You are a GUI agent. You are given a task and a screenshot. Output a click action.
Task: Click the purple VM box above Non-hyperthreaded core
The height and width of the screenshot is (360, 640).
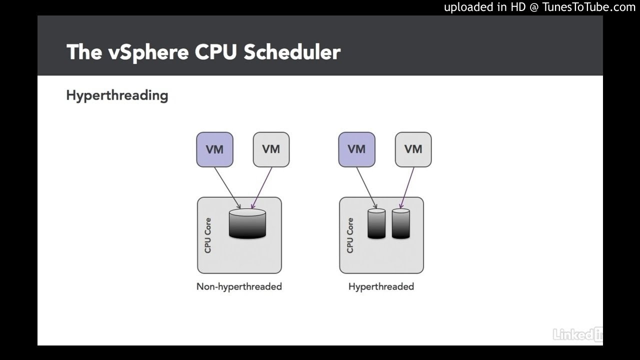coord(214,149)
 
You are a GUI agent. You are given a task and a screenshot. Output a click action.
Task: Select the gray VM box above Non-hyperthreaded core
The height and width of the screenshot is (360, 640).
coord(271,149)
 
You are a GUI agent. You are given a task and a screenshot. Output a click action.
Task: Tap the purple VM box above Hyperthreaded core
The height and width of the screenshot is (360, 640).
coord(356,149)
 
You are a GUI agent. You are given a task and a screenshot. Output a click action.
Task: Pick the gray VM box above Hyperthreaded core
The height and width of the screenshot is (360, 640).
coord(413,149)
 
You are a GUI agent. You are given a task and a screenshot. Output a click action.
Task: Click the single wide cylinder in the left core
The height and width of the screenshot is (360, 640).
coord(247,224)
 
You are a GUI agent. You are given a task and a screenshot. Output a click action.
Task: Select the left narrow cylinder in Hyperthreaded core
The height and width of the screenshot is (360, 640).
coord(376,224)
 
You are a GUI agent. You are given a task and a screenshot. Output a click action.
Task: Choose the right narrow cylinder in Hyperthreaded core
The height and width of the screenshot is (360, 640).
coord(400,224)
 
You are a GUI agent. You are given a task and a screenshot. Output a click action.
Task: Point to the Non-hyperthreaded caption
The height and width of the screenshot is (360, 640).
coord(239,286)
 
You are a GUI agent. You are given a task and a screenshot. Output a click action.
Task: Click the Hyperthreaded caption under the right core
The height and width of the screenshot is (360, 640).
coord(381,286)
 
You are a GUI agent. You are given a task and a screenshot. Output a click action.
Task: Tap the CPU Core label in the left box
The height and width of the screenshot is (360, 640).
coord(207,235)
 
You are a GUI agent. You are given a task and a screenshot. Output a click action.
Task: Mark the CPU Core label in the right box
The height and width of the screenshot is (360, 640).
coord(349,235)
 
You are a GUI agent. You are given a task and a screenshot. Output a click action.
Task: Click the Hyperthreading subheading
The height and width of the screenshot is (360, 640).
coord(117,95)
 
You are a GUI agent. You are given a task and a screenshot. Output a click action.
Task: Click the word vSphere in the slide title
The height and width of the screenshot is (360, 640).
coord(148,52)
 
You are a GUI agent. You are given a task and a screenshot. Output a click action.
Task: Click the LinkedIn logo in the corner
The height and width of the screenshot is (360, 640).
coord(577,334)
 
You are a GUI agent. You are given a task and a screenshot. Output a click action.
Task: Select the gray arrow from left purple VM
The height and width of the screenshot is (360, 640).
coord(227,187)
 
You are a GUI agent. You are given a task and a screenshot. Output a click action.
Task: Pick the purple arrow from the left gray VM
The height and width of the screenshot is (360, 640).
coord(262,187)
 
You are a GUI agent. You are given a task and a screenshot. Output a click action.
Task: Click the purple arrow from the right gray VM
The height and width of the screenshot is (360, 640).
coord(407,187)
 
